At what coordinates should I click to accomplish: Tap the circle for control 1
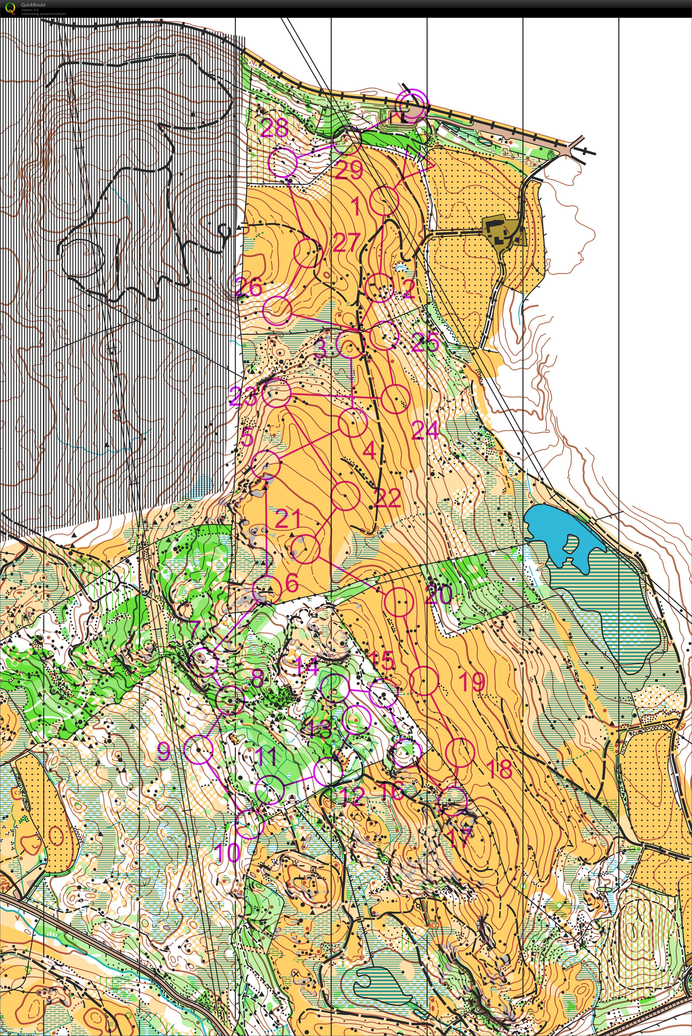pos(384,200)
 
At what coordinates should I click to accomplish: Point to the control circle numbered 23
pos(277,392)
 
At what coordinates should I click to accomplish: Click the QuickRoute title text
pos(33,5)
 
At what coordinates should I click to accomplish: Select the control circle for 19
pos(424,681)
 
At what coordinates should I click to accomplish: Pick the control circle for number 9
pos(198,749)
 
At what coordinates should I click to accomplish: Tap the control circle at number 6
pos(267,590)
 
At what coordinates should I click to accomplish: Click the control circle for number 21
pos(305,549)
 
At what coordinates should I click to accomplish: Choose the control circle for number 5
pos(266,464)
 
